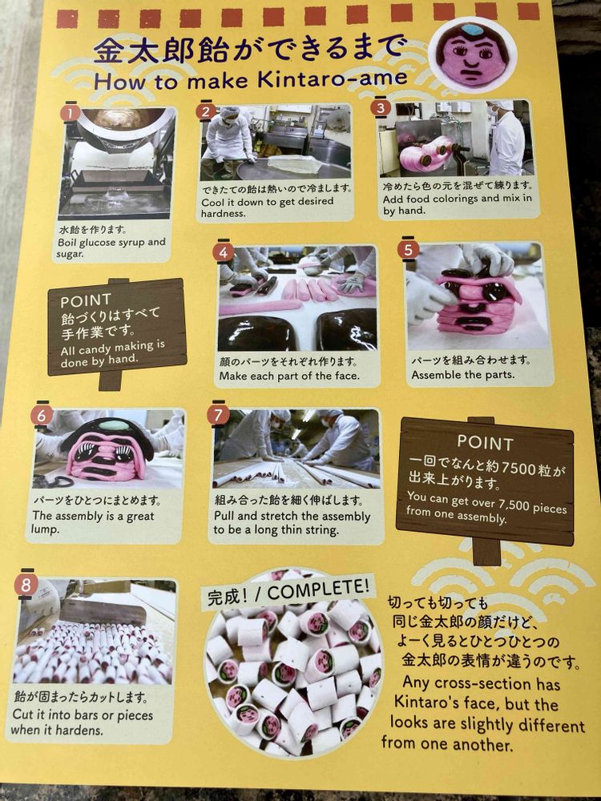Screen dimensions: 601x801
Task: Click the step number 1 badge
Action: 70,112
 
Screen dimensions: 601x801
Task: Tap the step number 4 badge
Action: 224,252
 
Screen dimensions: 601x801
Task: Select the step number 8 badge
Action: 26,584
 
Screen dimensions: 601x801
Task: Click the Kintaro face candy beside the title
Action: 473,55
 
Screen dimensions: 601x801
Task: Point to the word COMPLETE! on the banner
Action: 318,591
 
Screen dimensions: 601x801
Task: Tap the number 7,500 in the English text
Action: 514,505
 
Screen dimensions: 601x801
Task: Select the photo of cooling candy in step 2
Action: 276,142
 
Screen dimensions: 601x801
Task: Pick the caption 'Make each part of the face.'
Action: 289,376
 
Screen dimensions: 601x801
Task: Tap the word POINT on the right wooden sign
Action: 485,442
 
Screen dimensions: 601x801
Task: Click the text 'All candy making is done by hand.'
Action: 112,353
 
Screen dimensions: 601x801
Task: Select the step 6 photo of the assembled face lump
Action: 108,449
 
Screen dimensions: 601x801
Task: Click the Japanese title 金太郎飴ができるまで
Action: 249,50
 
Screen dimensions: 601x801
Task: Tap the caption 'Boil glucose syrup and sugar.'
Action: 111,248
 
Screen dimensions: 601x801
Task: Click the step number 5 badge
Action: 409,250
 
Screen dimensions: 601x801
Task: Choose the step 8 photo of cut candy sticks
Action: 95,633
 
